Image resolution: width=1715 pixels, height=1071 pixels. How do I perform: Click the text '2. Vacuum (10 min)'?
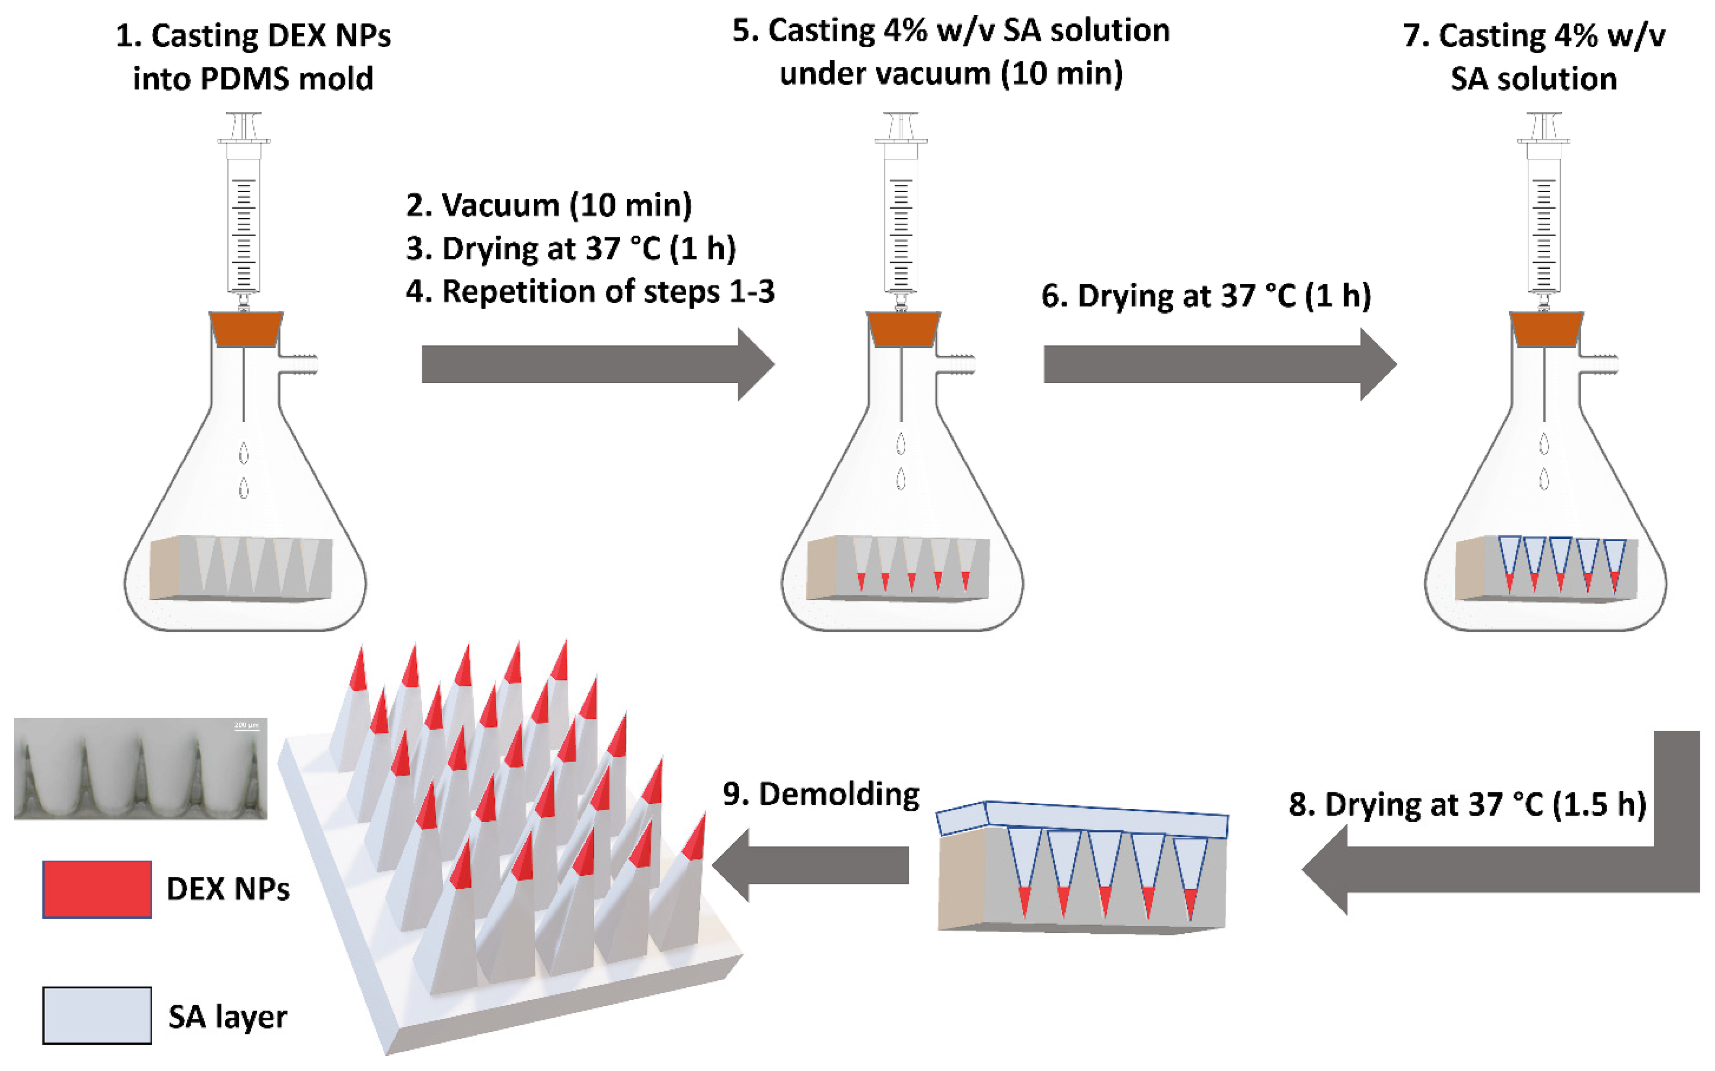pyautogui.click(x=549, y=205)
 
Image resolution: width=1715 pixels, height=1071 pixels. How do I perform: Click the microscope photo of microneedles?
pyautogui.click(x=141, y=769)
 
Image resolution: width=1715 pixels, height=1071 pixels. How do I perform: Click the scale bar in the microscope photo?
pyautogui.click(x=246, y=728)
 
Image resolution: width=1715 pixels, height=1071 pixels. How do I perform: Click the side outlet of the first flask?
pyautogui.click(x=299, y=364)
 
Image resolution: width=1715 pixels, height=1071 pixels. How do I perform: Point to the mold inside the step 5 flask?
pyautogui.click(x=899, y=567)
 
